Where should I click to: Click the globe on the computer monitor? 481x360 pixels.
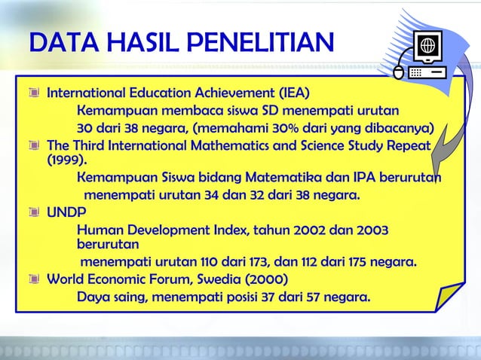pyautogui.click(x=430, y=44)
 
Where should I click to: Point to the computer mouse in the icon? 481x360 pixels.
pyautogui.click(x=400, y=72)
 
